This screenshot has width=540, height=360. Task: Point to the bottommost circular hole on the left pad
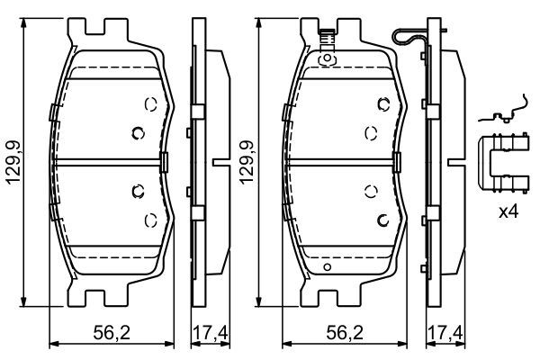[x=149, y=219]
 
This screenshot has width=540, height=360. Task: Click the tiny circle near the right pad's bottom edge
[x=328, y=266]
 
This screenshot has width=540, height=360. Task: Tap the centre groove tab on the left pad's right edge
[x=165, y=163]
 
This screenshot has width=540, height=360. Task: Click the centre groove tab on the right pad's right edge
[x=397, y=163]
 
